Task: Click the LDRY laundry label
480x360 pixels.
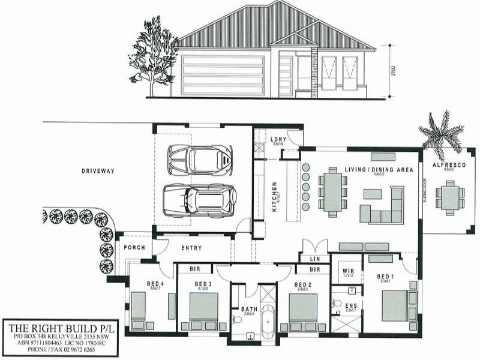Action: tap(277, 139)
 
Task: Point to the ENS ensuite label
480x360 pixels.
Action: tap(351, 306)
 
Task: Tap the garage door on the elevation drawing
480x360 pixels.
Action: tap(223, 74)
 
